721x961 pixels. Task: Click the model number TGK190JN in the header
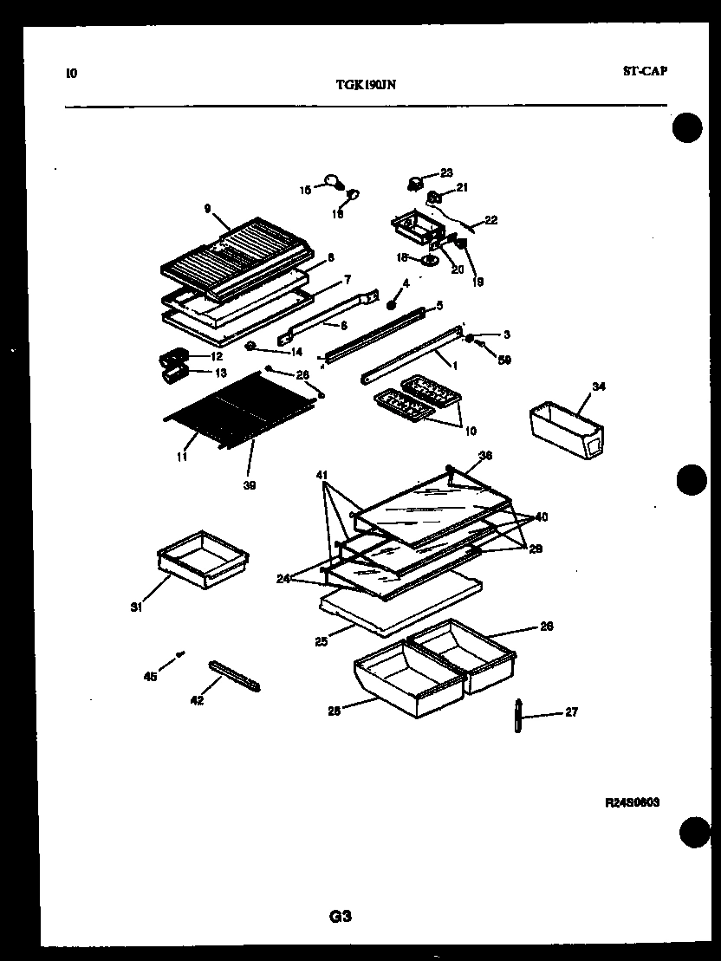point(367,85)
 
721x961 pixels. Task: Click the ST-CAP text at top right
point(645,71)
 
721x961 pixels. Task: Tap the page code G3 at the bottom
point(341,915)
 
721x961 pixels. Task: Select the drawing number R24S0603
point(633,802)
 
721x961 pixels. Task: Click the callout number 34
point(598,386)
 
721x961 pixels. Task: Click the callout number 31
point(136,607)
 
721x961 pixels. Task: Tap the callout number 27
point(571,712)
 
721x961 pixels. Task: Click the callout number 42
point(197,700)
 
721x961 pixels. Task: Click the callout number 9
point(208,208)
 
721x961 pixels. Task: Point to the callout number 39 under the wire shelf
point(250,485)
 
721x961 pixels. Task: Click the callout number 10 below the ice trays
point(471,431)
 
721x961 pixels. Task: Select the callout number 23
point(446,172)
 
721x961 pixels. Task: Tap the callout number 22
point(491,220)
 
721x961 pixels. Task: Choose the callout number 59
point(505,360)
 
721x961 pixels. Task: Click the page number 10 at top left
point(71,73)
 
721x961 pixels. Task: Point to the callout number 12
point(218,356)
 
